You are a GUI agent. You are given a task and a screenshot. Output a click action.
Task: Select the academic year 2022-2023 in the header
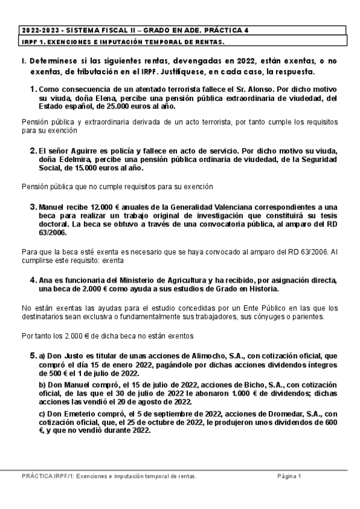[38, 30]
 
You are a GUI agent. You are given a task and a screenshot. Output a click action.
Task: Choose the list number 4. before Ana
[34, 280]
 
